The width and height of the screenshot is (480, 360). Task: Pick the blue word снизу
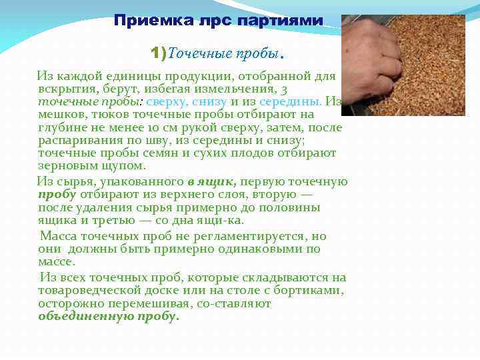208,101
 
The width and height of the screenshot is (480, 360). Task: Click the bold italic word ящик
219,181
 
